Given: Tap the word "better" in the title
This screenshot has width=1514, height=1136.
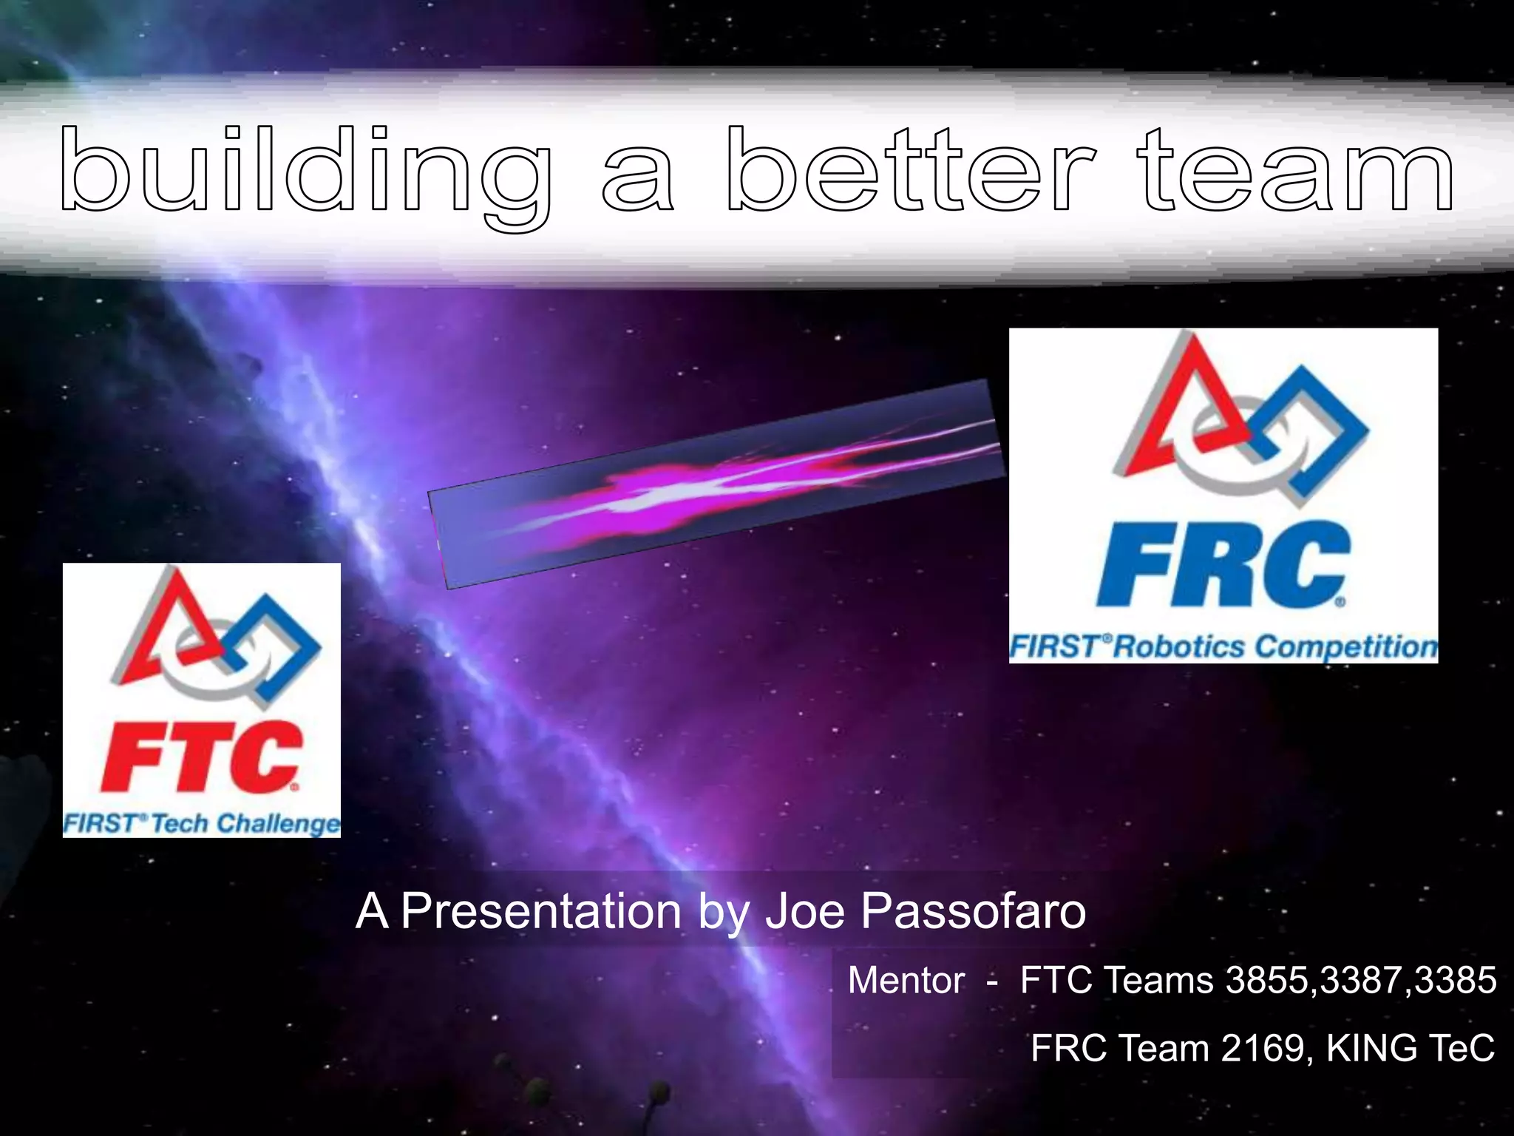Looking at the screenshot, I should (x=911, y=172).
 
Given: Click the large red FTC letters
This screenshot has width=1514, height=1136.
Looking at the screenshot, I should (x=201, y=756).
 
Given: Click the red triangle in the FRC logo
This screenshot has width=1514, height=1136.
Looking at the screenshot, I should (x=1175, y=403).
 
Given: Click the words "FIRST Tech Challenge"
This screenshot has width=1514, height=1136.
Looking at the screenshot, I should (x=201, y=823).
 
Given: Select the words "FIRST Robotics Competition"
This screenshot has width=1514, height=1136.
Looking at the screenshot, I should (x=1223, y=646).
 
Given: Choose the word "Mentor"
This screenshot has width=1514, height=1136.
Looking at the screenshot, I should (x=906, y=981).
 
